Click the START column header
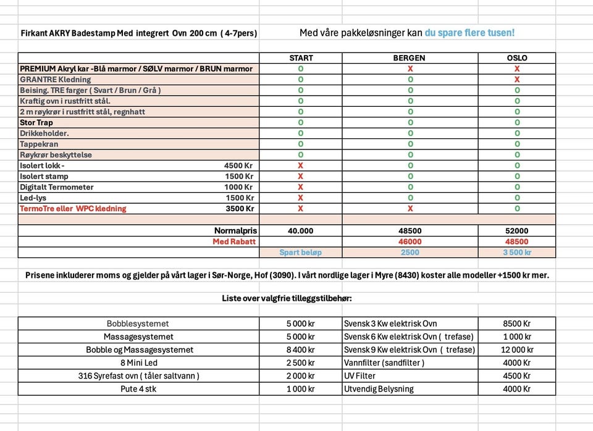[x=301, y=58]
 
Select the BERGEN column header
[x=410, y=58]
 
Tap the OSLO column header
[x=516, y=58]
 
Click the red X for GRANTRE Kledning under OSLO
[x=516, y=80]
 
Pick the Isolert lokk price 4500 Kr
[x=238, y=165]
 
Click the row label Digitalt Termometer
[x=57, y=187]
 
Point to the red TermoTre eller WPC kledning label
[x=73, y=209]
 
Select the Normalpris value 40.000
[x=301, y=231]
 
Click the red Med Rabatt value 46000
[x=410, y=241]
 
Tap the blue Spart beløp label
[x=300, y=253]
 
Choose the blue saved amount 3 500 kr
[x=516, y=253]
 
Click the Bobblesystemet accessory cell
[x=138, y=324]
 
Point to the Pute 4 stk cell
[x=138, y=389]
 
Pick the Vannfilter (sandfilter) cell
[x=384, y=363]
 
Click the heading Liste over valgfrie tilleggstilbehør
[x=287, y=298]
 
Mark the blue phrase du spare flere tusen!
[x=469, y=33]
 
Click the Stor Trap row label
[x=36, y=122]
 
